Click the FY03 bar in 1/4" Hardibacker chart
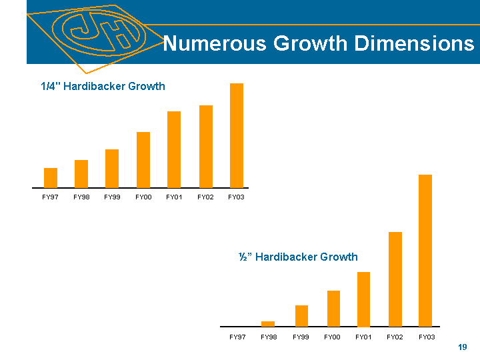(237, 135)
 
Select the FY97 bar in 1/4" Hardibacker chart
(51, 177)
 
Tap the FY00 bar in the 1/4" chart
(143, 159)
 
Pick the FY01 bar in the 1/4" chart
(174, 149)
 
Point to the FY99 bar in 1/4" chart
(112, 168)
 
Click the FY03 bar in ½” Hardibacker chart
(425, 250)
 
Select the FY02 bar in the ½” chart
(395, 279)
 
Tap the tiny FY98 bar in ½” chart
(268, 323)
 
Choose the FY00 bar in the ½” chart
(333, 308)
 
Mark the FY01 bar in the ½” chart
(363, 299)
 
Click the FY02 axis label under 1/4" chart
(205, 197)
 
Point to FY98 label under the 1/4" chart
(81, 197)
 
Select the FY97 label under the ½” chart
(237, 337)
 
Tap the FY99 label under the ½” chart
(301, 337)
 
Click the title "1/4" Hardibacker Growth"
(103, 87)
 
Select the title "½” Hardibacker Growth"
(298, 257)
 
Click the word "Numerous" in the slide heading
(207, 44)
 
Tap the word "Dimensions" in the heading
(414, 44)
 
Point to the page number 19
(463, 348)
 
